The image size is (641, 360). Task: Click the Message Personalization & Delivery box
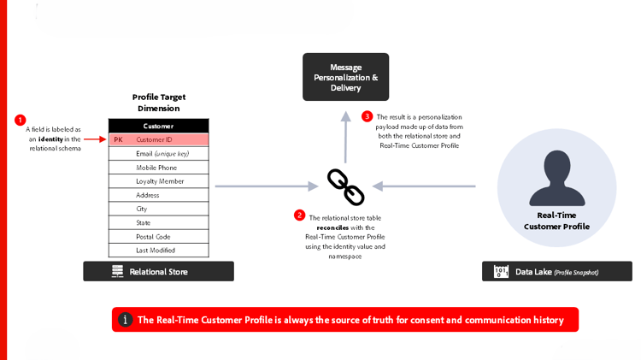point(345,77)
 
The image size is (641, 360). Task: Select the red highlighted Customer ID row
point(158,139)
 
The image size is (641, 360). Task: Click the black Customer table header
point(158,126)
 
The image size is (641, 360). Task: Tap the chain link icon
point(346,186)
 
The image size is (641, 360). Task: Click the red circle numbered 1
point(21,121)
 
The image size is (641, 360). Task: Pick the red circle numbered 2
point(299,215)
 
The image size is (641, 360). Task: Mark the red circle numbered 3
point(367,116)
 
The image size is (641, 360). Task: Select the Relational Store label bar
point(158,271)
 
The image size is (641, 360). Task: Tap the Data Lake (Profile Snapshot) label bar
point(556,272)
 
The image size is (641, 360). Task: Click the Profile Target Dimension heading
point(158,103)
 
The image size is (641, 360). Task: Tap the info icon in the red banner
point(125,320)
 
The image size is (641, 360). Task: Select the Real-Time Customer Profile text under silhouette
point(556,221)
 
